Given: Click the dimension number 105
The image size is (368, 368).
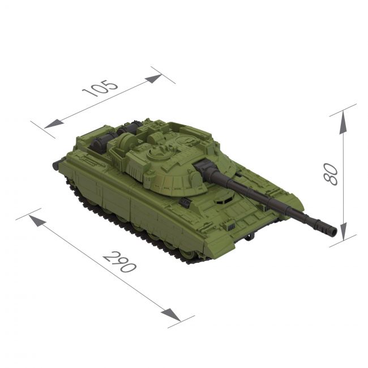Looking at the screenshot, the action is pyautogui.click(x=100, y=88).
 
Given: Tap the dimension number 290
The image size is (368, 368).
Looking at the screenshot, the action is pyautogui.click(x=120, y=262).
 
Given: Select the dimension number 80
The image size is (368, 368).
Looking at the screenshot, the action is pyautogui.click(x=331, y=174).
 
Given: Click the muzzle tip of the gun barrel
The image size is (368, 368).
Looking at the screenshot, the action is pyautogui.click(x=333, y=232).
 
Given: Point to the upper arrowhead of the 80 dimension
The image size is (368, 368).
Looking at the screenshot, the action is pyautogui.click(x=343, y=122).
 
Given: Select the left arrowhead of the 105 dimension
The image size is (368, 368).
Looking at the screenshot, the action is pyautogui.click(x=54, y=125).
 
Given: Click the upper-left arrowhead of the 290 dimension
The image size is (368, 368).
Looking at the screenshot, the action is pyautogui.click(x=37, y=221).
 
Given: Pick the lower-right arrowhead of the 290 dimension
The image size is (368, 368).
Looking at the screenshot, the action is pyautogui.click(x=171, y=315).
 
